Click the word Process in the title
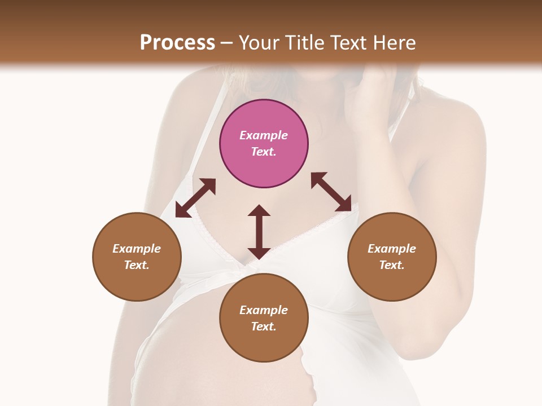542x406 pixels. (x=177, y=43)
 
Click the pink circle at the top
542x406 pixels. (x=264, y=143)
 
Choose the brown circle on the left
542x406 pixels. (x=137, y=257)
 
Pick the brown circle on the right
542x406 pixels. (x=392, y=257)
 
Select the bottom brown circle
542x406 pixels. (x=264, y=317)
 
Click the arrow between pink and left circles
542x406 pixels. (x=195, y=198)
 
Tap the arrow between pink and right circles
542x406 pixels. (x=331, y=192)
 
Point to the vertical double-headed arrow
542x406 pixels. (x=259, y=232)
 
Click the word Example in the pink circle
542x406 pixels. (x=264, y=135)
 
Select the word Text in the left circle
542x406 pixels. (x=137, y=265)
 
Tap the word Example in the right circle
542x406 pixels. (x=392, y=249)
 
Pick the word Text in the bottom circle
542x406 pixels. (x=264, y=326)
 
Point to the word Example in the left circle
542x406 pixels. (x=137, y=249)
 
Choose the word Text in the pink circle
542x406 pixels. (x=264, y=152)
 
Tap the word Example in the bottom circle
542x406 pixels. (x=264, y=310)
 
